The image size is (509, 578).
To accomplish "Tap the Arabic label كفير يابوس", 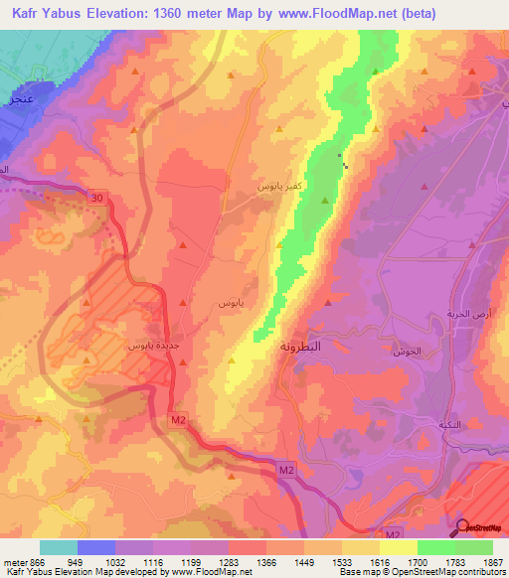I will click(x=274, y=186).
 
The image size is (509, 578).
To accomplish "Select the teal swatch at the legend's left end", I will click(x=58, y=547).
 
